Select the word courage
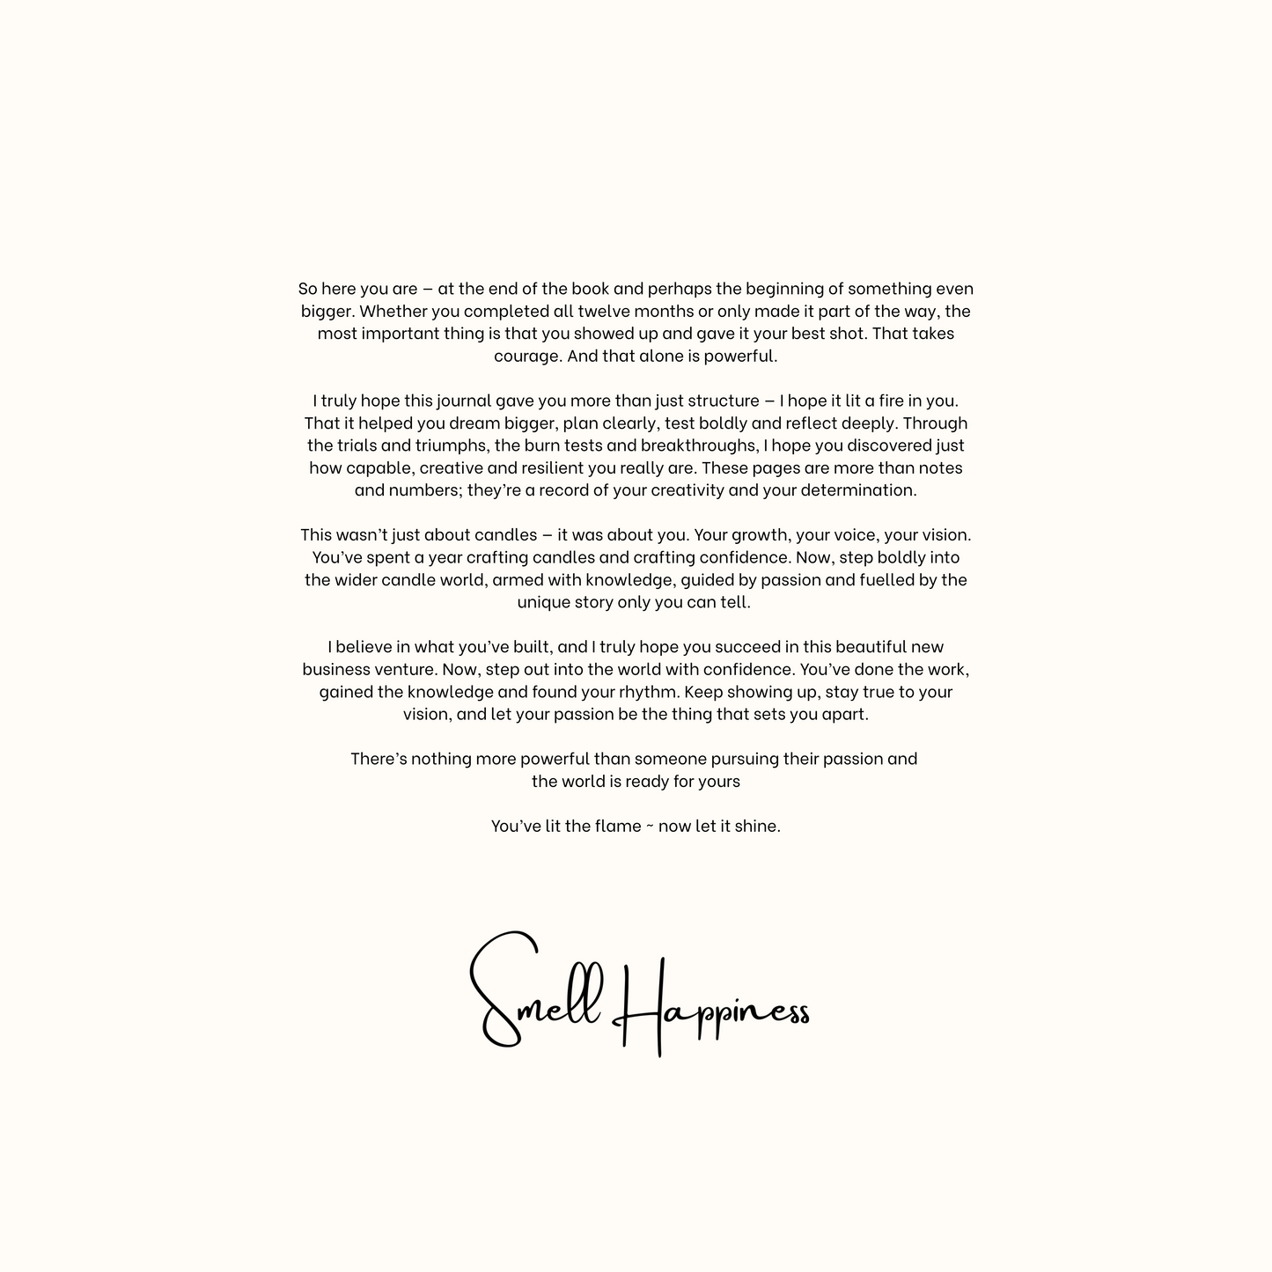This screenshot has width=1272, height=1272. coord(527,357)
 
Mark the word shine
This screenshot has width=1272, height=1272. coord(757,826)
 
